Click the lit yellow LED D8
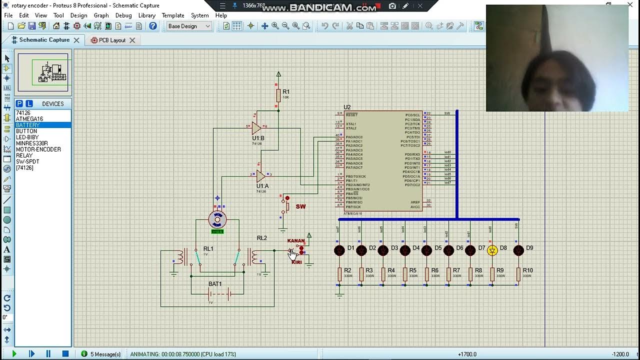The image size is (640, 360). tap(492, 250)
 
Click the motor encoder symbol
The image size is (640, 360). tap(217, 219)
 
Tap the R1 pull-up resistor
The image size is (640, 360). tap(278, 95)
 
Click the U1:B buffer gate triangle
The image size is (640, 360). tap(256, 128)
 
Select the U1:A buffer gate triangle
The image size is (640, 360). tap(260, 175)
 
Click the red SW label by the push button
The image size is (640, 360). tap(300, 206)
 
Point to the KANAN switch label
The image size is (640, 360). tap(296, 241)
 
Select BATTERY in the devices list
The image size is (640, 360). tap(27, 125)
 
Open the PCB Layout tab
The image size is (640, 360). tap(111, 40)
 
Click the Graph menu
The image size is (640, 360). tap(101, 15)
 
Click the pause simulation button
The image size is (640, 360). tap(48, 354)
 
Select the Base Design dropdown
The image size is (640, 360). tap(189, 26)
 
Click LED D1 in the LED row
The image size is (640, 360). tap(339, 250)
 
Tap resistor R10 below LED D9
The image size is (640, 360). tap(518, 274)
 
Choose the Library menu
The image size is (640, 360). tap(146, 15)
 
